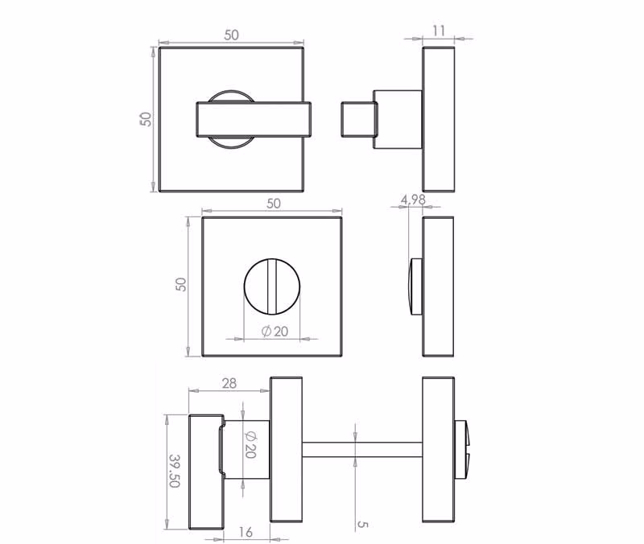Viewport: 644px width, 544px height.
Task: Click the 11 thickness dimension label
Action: (439, 31)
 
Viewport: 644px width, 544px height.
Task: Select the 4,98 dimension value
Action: (413, 200)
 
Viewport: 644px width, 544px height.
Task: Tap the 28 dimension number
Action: (229, 384)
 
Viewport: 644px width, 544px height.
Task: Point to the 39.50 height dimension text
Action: (175, 471)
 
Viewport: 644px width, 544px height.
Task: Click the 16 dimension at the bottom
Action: (246, 532)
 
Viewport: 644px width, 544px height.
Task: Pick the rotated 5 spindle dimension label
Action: (362, 525)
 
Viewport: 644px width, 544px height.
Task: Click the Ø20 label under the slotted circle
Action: (275, 332)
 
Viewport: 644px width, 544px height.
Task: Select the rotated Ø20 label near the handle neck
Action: (250, 445)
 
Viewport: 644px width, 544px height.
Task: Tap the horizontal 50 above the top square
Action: (231, 35)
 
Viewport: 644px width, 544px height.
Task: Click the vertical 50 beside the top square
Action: (146, 119)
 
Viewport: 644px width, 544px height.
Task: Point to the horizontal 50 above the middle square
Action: (274, 204)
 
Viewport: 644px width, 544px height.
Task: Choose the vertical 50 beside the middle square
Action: (180, 285)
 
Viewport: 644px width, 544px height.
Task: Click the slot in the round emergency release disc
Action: (271, 286)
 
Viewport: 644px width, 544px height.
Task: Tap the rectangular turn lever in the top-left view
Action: (254, 119)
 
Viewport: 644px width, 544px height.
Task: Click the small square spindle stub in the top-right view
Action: (359, 119)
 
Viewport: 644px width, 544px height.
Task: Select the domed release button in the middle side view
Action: (415, 286)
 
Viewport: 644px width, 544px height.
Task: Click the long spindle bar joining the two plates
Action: (362, 450)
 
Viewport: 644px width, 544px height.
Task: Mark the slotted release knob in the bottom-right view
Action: (461, 450)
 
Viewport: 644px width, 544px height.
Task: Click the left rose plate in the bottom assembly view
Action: (287, 450)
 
